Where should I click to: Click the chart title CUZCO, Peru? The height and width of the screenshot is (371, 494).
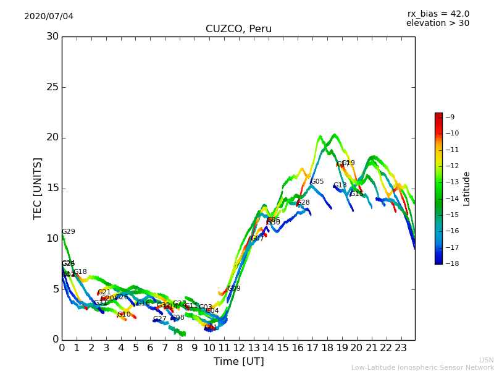(x=238, y=29)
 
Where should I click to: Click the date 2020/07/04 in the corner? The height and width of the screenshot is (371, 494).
(x=49, y=16)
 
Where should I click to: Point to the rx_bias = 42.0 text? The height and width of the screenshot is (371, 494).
(x=438, y=14)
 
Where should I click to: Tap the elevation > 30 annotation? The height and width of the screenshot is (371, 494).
(x=437, y=23)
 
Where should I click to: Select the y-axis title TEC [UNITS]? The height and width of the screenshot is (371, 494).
(x=38, y=188)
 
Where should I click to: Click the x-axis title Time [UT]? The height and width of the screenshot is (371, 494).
(x=238, y=361)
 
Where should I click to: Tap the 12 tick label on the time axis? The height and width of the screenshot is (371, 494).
(x=238, y=348)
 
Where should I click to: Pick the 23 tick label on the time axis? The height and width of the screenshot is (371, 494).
(x=401, y=348)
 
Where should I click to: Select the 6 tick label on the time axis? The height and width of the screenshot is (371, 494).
(x=150, y=348)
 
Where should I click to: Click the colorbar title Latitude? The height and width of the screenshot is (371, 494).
(x=467, y=188)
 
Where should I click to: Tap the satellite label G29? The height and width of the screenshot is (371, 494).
(x=68, y=232)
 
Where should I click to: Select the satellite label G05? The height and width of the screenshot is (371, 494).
(x=317, y=182)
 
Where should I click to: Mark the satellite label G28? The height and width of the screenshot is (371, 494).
(x=303, y=203)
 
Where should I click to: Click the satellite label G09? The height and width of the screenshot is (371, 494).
(x=234, y=289)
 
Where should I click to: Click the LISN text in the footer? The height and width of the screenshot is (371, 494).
(x=486, y=360)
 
